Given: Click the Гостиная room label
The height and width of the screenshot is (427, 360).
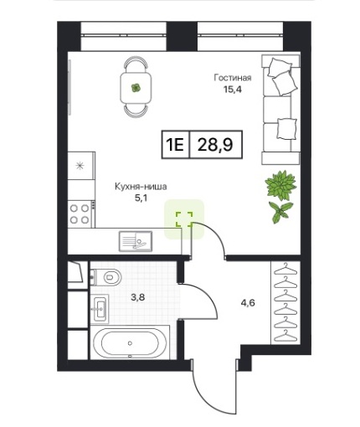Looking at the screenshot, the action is [x=233, y=78].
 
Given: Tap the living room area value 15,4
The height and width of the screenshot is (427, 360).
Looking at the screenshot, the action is [x=232, y=90].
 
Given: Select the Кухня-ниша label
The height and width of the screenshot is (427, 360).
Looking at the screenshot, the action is [x=141, y=187].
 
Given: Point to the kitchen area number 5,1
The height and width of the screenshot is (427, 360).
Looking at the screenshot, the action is [x=141, y=198].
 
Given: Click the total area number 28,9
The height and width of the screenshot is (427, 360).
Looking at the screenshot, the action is [x=215, y=145].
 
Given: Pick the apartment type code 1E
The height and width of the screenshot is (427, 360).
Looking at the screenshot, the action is [x=175, y=145].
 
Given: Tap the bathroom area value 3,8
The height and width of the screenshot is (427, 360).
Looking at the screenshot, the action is [x=138, y=297].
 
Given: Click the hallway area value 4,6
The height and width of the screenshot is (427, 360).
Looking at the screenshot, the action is [x=248, y=302].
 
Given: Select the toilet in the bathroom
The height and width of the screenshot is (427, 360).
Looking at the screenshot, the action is [x=106, y=277].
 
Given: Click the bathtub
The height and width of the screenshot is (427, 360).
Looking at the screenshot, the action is [x=130, y=343].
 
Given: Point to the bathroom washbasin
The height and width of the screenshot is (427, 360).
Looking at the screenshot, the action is [x=100, y=309].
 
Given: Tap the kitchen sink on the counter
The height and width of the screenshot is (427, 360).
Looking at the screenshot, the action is [x=136, y=241].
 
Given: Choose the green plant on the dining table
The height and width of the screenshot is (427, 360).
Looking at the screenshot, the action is [x=136, y=88].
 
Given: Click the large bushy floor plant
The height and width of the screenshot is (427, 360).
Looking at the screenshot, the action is [x=280, y=185].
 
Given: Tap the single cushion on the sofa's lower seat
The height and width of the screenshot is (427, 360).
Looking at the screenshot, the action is [x=286, y=129].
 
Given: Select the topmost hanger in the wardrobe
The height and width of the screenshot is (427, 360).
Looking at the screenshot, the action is [x=285, y=270].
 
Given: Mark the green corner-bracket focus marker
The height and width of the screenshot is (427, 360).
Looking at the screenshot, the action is [x=184, y=219].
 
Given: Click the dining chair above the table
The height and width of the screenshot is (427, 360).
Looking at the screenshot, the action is [x=136, y=64].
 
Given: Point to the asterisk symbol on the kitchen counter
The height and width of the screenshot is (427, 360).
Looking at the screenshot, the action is [x=80, y=166].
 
